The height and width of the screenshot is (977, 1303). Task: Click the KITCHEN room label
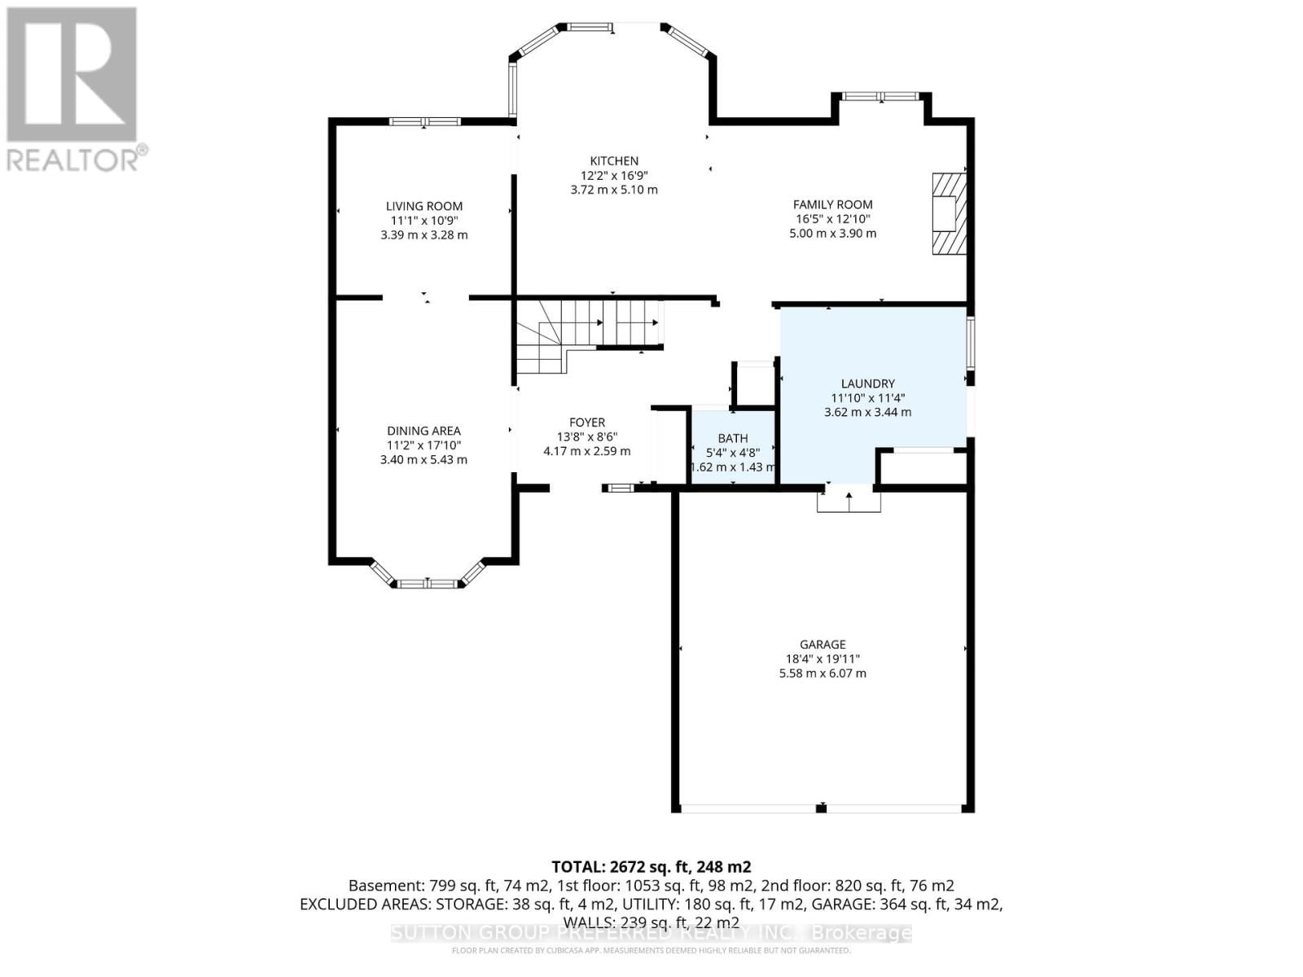(x=614, y=161)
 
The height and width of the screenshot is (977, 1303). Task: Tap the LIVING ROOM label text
(x=423, y=207)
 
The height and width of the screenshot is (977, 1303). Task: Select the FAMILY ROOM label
(x=832, y=205)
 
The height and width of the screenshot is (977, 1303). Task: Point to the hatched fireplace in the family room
(x=949, y=214)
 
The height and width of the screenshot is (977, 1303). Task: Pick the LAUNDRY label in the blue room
(x=867, y=383)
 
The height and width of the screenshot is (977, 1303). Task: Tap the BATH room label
(x=732, y=439)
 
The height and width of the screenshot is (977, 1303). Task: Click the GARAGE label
(x=822, y=645)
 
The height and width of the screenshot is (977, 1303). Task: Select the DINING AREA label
(x=423, y=431)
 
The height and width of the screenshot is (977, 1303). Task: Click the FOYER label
(x=586, y=423)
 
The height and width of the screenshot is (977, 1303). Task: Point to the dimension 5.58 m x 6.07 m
(x=822, y=673)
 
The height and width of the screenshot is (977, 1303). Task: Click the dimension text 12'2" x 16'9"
(x=614, y=176)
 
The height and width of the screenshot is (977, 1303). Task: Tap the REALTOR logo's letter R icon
(x=72, y=75)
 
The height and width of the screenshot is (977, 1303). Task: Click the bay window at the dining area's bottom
(x=427, y=583)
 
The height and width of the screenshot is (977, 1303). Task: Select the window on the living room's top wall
(x=424, y=122)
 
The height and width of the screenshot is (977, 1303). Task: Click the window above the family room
(x=880, y=96)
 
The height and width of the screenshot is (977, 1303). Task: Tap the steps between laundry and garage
(x=849, y=501)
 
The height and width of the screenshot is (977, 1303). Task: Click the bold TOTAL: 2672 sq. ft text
(x=651, y=867)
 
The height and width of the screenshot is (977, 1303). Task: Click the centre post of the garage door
(x=821, y=808)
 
